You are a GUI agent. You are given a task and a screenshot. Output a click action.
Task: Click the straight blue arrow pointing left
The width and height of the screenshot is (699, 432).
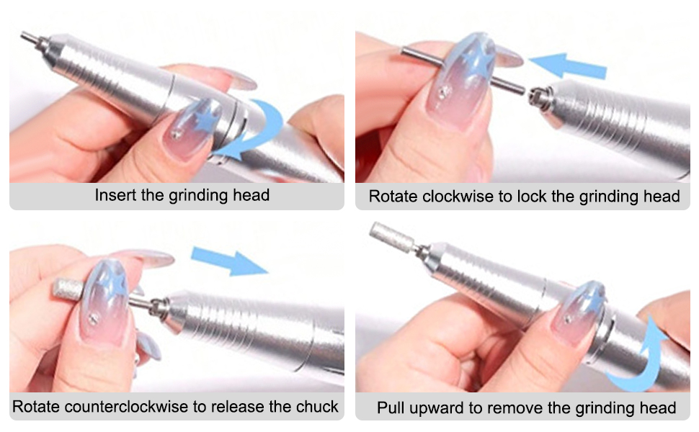pyautogui.click(x=568, y=66)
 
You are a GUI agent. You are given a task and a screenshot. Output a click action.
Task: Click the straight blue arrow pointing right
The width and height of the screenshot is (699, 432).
pyautogui.click(x=228, y=262)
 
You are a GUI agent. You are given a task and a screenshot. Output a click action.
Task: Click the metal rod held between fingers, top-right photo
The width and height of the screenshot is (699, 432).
pyautogui.click(x=463, y=71)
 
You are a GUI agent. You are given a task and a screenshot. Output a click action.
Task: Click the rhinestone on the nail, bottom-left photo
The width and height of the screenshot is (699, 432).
pyautogui.click(x=94, y=318)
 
